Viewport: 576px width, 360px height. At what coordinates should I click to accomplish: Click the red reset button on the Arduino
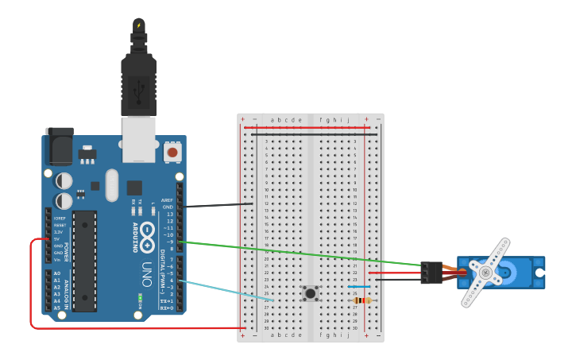pyautogui.click(x=172, y=151)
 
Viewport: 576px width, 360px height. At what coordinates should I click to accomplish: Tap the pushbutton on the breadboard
pyautogui.click(x=311, y=294)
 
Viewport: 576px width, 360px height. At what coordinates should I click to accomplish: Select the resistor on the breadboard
pyautogui.click(x=362, y=300)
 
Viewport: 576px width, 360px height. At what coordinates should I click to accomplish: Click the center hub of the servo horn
pyautogui.click(x=484, y=272)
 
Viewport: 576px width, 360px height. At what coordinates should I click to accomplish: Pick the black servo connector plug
pyautogui.click(x=431, y=273)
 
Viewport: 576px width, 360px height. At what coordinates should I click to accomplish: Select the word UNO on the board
pyautogui.click(x=147, y=275)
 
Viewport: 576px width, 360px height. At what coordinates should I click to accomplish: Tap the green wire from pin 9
pyautogui.click(x=302, y=253)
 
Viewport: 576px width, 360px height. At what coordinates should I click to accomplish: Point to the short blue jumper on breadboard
pyautogui.click(x=359, y=287)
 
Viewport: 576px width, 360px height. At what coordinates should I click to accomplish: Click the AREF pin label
pyautogui.click(x=167, y=199)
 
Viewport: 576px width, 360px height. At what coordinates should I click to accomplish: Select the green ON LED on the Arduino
pyautogui.click(x=140, y=300)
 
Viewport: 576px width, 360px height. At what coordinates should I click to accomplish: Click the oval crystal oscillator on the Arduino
pyautogui.click(x=111, y=184)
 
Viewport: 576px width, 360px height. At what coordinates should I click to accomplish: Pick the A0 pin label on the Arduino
pyautogui.click(x=57, y=273)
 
